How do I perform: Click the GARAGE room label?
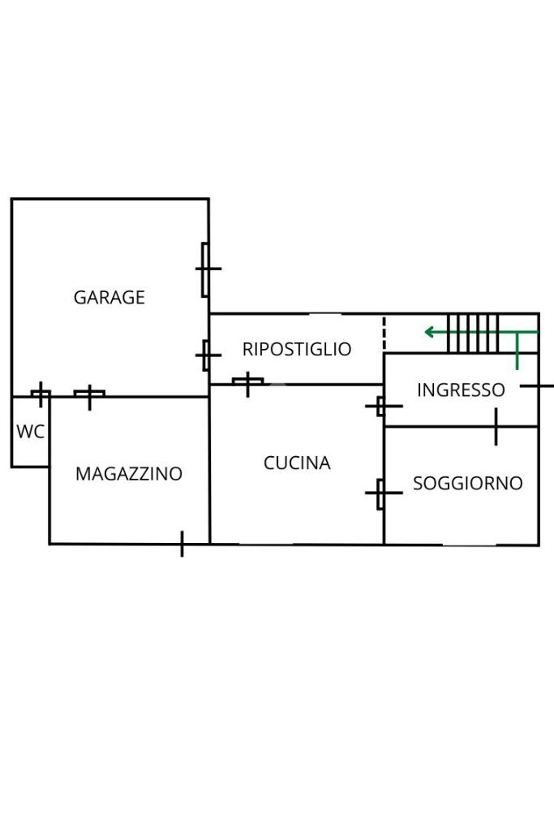(110, 297)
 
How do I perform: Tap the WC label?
(30, 432)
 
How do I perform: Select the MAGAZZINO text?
(129, 474)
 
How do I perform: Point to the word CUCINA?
(297, 463)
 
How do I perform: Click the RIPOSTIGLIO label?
(297, 349)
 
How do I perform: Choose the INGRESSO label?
(461, 390)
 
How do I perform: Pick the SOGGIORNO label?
(468, 484)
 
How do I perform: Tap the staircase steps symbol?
(473, 334)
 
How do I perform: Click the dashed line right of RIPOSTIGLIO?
(384, 334)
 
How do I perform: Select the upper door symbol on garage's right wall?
(206, 269)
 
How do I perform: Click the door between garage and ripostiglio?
(206, 355)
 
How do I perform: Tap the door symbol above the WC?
(41, 394)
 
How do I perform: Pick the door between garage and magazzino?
(89, 395)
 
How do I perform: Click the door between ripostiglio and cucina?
(248, 382)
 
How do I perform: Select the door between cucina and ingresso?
(382, 406)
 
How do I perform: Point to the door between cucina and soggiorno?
(381, 493)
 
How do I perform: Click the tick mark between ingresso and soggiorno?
(496, 427)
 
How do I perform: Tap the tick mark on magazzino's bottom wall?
(183, 544)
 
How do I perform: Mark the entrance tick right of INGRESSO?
(536, 385)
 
